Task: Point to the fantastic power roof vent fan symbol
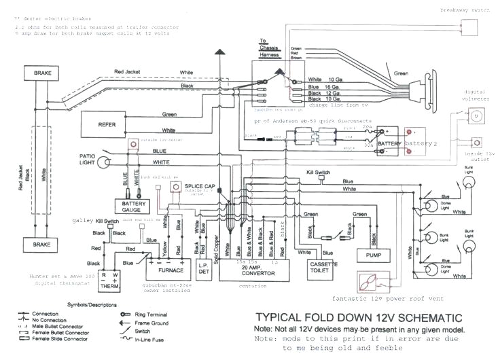point(371,281)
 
